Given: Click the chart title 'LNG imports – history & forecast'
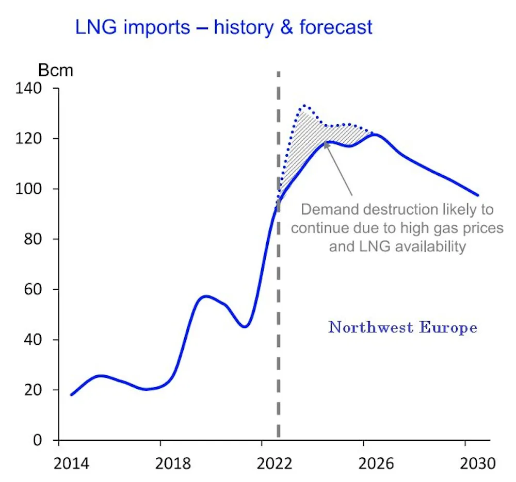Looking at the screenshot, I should pyautogui.click(x=223, y=27).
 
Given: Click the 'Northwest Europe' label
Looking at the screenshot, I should pyautogui.click(x=402, y=327).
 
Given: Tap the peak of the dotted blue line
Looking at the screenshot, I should pyautogui.click(x=305, y=105).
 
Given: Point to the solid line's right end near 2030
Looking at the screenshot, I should pyautogui.click(x=478, y=195).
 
